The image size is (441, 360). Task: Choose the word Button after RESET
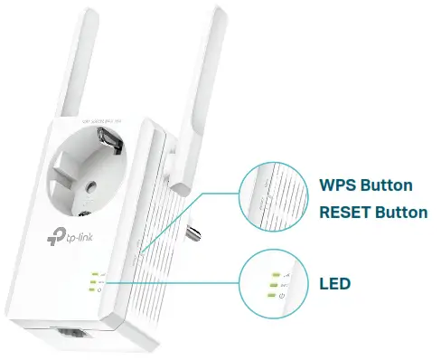(401, 213)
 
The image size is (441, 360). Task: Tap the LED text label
(334, 284)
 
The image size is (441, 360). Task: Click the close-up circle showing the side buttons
(271, 198)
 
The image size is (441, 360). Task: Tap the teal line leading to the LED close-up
(181, 282)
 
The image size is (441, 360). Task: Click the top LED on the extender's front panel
(93, 273)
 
